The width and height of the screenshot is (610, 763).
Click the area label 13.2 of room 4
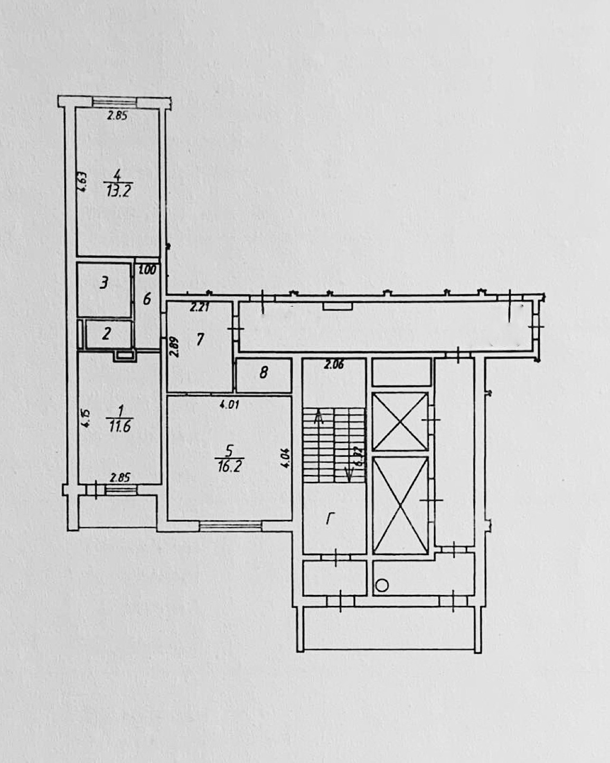click(119, 191)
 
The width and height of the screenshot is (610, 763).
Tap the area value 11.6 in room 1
click(120, 426)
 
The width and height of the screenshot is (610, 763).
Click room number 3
click(104, 283)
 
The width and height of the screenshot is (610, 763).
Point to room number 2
click(106, 334)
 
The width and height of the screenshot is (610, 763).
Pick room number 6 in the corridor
click(147, 299)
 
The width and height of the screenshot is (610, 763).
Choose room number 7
click(200, 339)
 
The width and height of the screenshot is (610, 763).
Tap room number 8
click(264, 373)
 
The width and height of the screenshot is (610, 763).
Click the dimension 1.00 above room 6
click(147, 270)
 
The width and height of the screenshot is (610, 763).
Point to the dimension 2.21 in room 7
click(200, 307)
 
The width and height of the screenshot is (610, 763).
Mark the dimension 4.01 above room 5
click(230, 405)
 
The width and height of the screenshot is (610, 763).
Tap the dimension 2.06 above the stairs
click(334, 364)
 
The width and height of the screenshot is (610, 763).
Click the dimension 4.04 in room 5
click(286, 458)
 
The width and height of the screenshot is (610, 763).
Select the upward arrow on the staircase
click(318, 418)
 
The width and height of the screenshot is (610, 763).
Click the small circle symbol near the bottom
click(382, 585)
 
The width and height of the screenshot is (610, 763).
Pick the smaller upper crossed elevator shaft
click(400, 421)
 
